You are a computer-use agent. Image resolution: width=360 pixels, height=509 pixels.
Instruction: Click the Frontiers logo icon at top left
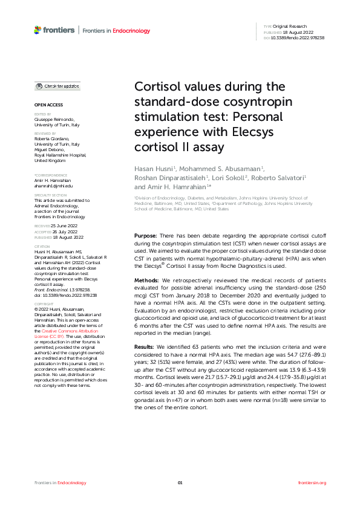click(x=38, y=30)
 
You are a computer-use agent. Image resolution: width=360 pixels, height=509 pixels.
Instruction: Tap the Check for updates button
click(x=57, y=86)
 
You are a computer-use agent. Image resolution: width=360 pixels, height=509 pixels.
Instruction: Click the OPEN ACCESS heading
click(x=44, y=106)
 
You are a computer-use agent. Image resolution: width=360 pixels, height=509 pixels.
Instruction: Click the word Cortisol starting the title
click(x=159, y=86)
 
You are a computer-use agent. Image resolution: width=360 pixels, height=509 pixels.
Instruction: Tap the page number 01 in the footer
click(x=180, y=482)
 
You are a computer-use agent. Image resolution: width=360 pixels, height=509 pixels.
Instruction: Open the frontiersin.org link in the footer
click(x=312, y=482)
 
